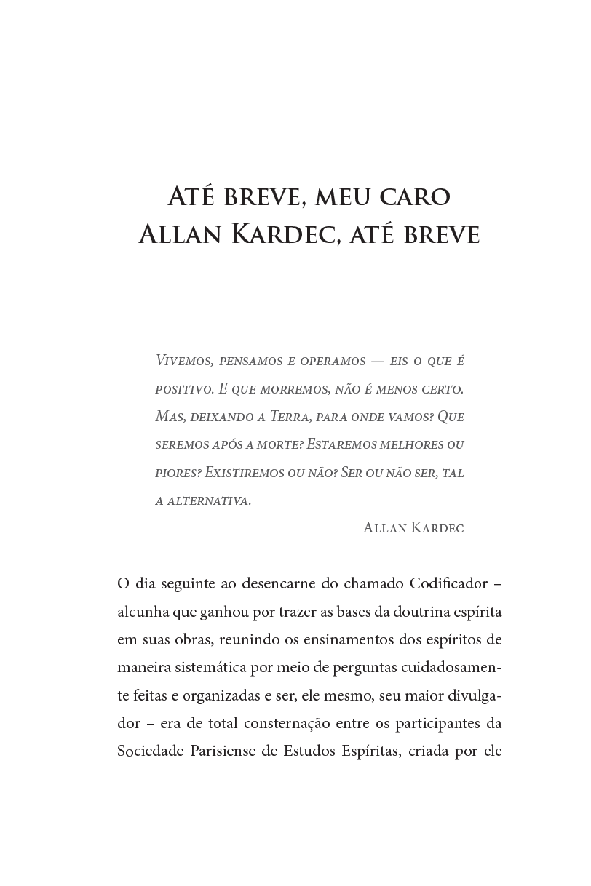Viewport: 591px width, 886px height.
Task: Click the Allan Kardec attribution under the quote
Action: click(413, 528)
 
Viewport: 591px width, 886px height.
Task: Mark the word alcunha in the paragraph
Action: click(143, 612)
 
